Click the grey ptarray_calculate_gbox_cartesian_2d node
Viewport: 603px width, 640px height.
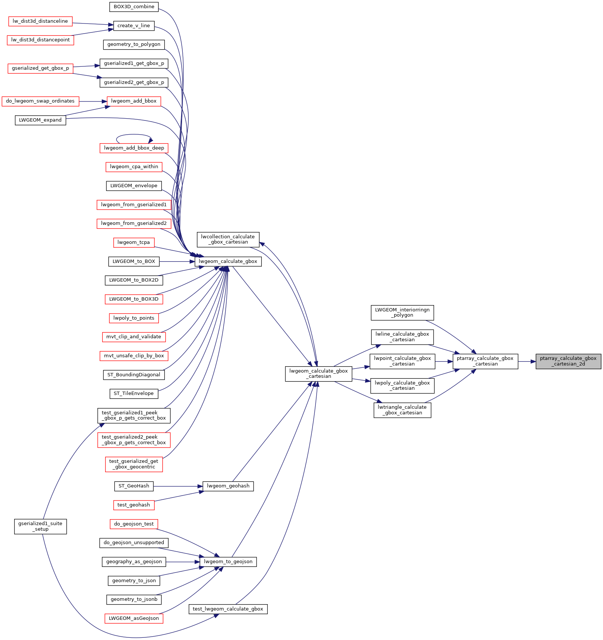(568, 361)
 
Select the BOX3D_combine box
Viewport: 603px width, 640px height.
(134, 7)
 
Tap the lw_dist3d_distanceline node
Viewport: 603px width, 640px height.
(40, 21)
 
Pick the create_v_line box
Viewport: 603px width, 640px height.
(134, 26)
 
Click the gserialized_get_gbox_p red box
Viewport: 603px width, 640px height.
(40, 68)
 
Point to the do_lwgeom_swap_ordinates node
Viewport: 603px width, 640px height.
(40, 101)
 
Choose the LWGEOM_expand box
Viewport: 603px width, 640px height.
(40, 120)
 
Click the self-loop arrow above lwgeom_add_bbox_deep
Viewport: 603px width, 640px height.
(134, 135)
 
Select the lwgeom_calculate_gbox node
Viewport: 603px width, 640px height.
(228, 261)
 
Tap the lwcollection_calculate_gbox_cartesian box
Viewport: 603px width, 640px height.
(227, 239)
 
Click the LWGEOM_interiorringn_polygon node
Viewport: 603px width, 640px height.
(402, 313)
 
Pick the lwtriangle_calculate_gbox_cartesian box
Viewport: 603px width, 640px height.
(402, 410)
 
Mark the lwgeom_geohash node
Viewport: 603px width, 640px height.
(228, 486)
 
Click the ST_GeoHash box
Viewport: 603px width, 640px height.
(134, 486)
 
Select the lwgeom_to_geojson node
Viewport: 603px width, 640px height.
(228, 562)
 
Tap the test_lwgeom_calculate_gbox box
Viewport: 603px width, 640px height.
(228, 609)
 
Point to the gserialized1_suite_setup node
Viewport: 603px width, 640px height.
(40, 526)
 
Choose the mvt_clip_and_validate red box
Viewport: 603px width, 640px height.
(134, 337)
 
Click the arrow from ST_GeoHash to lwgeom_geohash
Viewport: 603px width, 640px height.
(178, 486)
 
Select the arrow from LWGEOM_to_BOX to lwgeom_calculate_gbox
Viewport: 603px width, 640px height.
(177, 261)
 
